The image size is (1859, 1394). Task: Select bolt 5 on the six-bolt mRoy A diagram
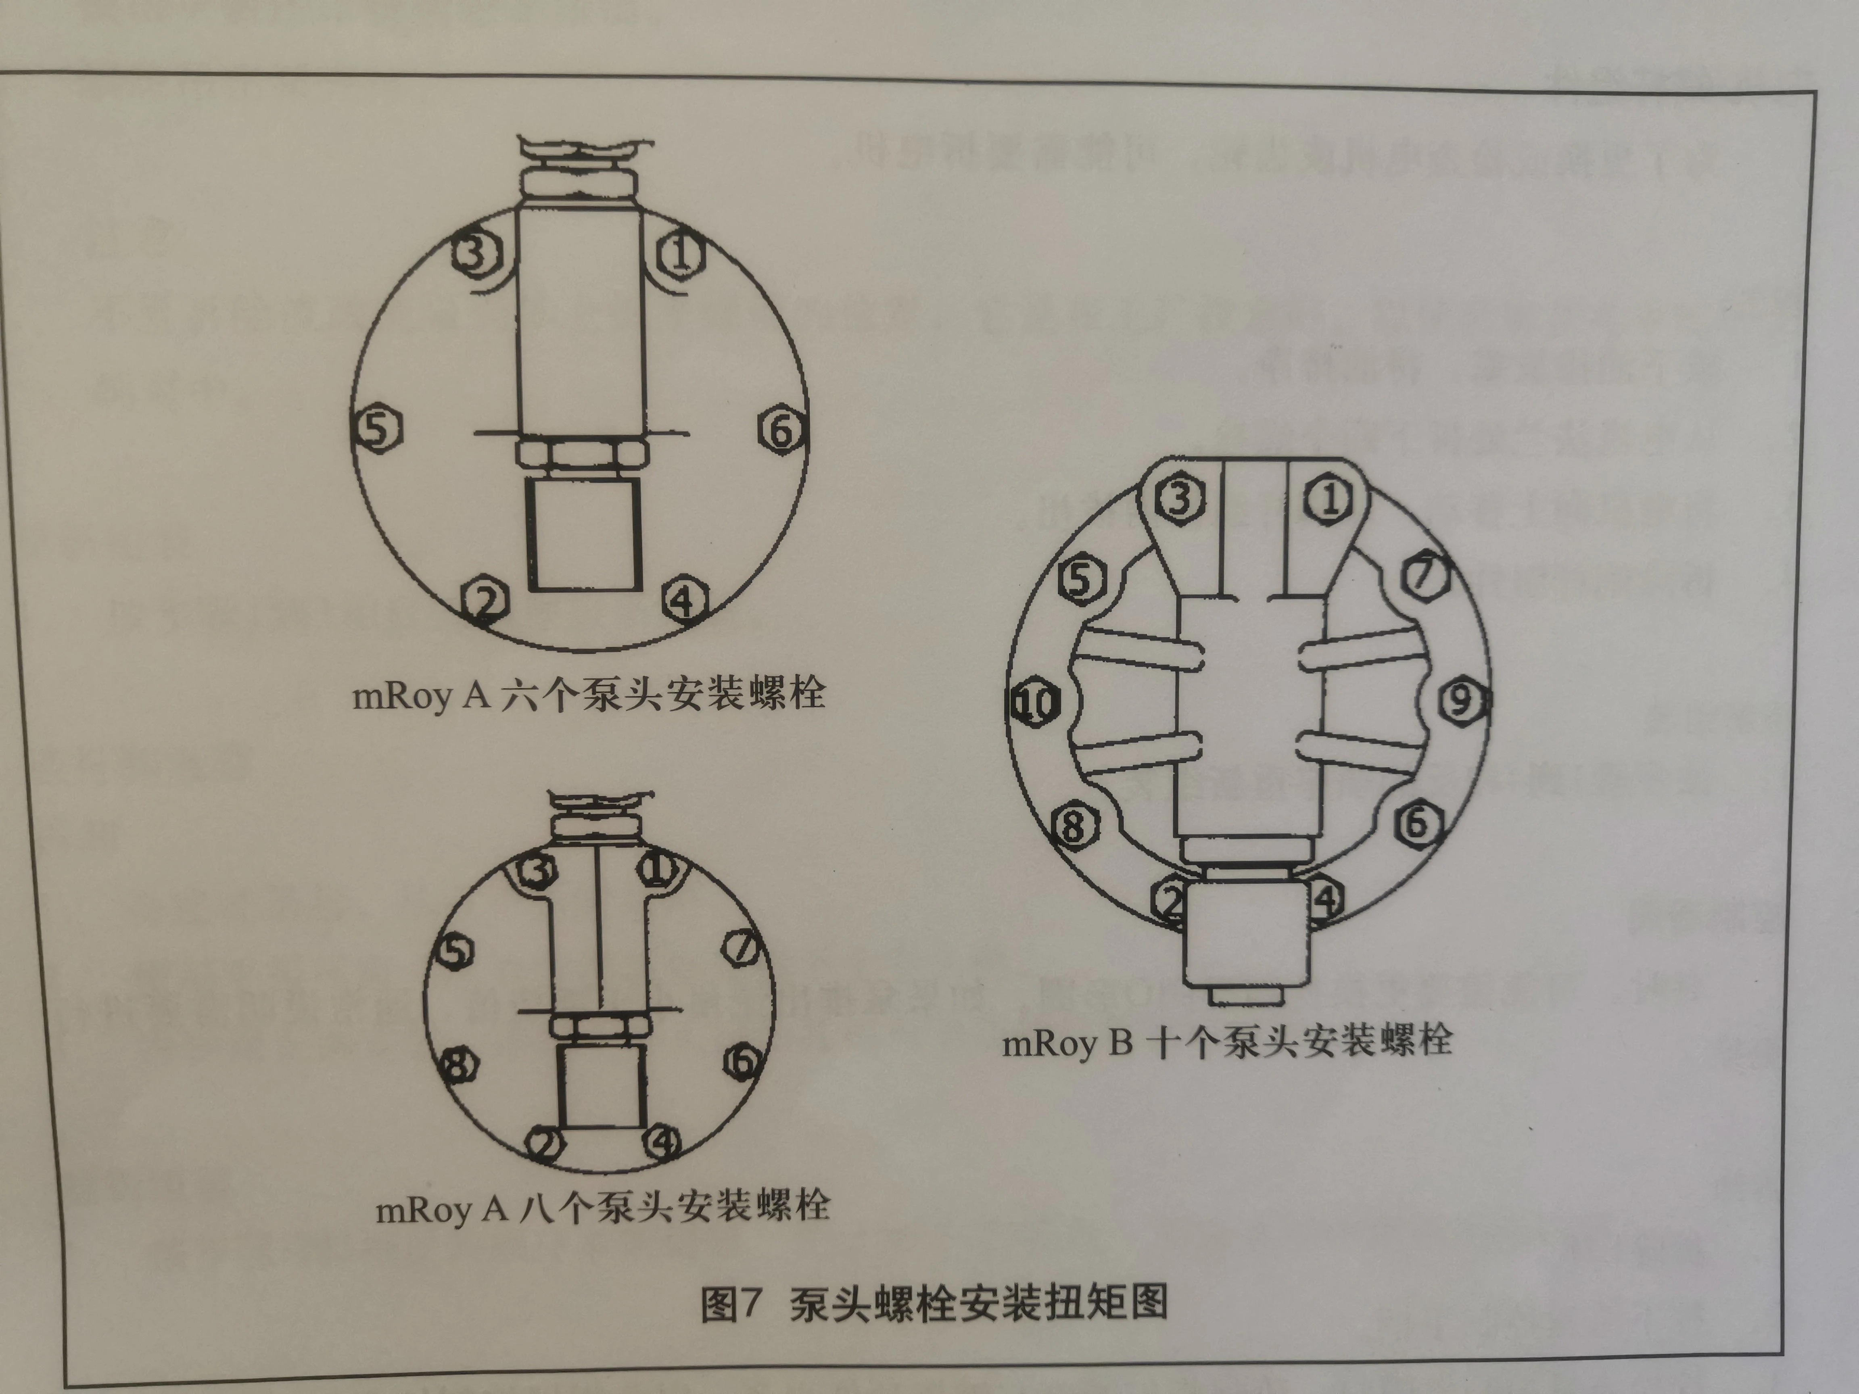[x=376, y=428]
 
